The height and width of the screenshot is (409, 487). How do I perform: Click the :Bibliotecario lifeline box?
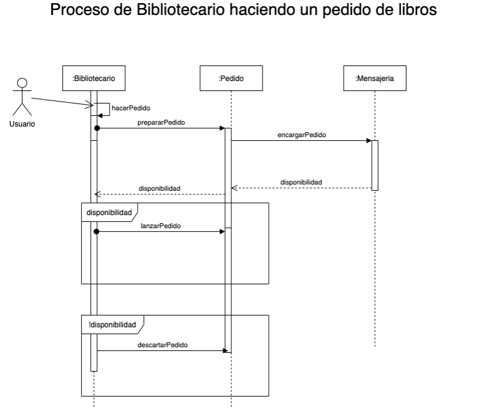click(94, 79)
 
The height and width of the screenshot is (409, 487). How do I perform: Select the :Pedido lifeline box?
click(231, 79)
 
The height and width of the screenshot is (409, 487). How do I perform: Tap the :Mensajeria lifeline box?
click(375, 79)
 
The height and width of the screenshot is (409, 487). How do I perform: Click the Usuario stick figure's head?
click(22, 82)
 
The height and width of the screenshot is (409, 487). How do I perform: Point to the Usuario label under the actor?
click(22, 124)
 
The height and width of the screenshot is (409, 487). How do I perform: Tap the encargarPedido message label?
click(301, 135)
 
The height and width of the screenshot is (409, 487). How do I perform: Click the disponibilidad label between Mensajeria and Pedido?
click(301, 182)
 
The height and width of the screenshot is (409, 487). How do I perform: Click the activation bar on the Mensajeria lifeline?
click(375, 165)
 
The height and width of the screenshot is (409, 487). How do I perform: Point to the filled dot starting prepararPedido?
click(97, 128)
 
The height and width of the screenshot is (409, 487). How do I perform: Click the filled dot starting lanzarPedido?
click(97, 231)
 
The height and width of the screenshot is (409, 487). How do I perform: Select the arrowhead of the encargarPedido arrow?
click(369, 141)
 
